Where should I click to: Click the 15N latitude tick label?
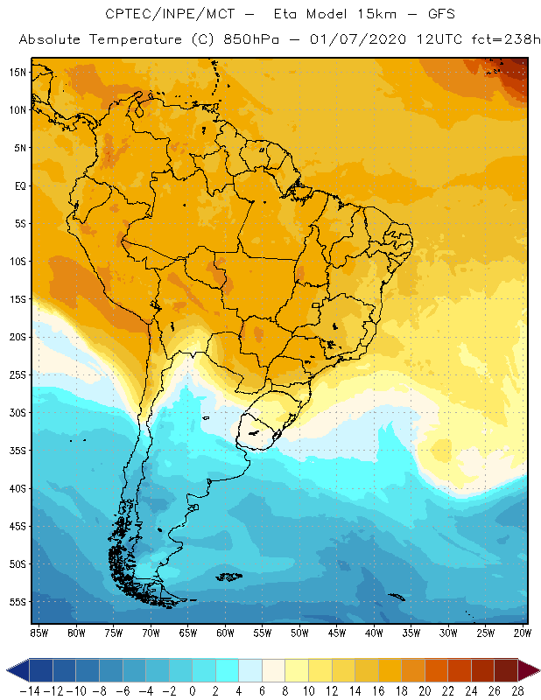point(17,72)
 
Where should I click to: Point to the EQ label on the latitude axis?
point(18,185)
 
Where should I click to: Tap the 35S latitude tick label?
point(17,451)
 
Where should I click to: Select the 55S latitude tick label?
point(17,602)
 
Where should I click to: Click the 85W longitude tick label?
point(39,633)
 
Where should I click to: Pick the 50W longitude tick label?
point(300,633)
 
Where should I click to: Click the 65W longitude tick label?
point(188,633)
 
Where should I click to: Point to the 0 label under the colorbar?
point(193,690)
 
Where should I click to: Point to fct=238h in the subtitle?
point(500,40)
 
